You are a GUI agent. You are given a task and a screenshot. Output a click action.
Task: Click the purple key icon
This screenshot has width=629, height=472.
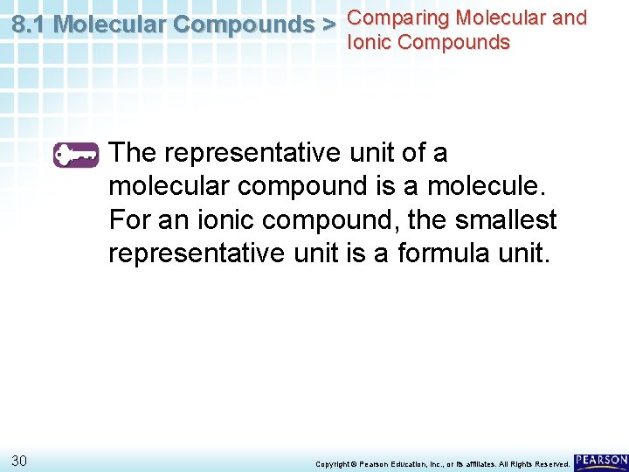[x=77, y=155]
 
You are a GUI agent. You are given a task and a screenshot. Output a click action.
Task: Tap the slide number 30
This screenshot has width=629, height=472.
[x=21, y=461]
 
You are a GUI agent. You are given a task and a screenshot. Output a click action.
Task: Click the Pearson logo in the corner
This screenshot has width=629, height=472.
[x=601, y=462]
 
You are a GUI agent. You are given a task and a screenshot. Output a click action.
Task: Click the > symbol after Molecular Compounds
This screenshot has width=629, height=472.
[x=328, y=24]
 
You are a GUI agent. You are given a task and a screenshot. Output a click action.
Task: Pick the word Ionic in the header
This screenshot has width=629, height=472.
[x=370, y=42]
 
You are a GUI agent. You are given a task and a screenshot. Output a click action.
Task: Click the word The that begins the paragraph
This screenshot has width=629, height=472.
[x=133, y=153]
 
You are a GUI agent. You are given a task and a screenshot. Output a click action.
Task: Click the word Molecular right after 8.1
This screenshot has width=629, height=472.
[x=110, y=24]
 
